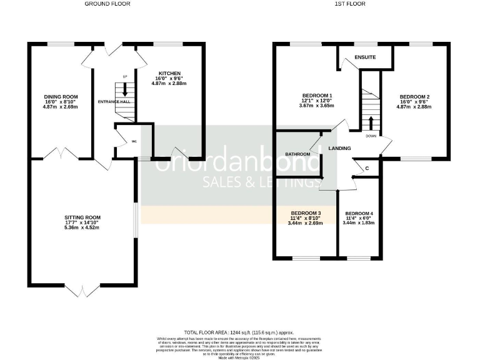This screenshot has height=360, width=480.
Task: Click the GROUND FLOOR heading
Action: [x=103, y=4]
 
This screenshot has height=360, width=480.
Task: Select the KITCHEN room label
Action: [x=169, y=72]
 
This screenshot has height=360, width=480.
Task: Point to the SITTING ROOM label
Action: [x=82, y=216]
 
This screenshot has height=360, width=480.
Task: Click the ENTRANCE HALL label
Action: [x=113, y=101]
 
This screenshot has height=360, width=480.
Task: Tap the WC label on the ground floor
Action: [x=134, y=141]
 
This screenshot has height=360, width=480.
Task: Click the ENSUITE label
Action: [x=364, y=57]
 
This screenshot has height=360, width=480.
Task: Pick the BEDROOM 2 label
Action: [x=414, y=97]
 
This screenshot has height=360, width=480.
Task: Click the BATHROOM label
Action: [x=298, y=154]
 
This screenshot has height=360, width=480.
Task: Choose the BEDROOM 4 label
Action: [x=359, y=212]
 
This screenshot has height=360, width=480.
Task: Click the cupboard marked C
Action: [x=367, y=167]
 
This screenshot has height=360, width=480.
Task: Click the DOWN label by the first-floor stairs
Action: [x=371, y=135]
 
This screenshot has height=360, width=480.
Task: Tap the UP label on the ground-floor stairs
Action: [x=124, y=77]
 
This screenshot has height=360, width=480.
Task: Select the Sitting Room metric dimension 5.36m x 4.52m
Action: [x=82, y=227]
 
